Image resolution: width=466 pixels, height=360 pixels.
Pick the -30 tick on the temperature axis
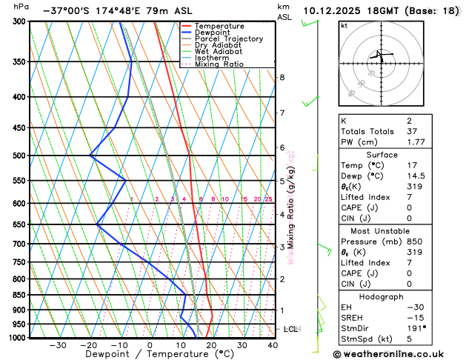[x=58, y=345]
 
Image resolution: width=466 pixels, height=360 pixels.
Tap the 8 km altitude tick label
[x=282, y=77]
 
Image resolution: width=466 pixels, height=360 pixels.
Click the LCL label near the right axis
[x=290, y=329]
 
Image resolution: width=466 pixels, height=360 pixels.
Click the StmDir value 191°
[x=415, y=327]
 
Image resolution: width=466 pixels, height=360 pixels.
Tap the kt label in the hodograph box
[x=344, y=25]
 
